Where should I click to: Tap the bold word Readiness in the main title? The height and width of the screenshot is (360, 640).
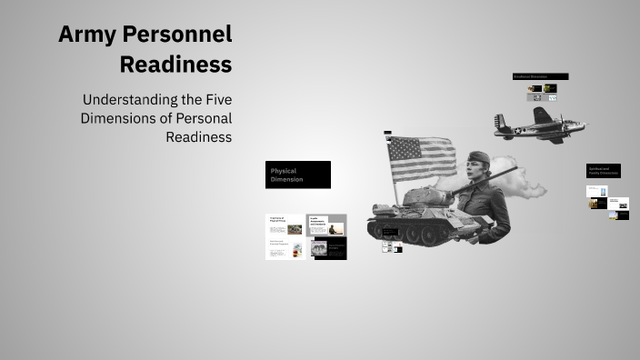(x=175, y=65)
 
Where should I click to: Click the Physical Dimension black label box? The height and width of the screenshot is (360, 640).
(x=297, y=175)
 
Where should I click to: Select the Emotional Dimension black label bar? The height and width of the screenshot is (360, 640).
(x=540, y=77)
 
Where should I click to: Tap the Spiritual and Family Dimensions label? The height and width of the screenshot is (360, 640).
(x=603, y=171)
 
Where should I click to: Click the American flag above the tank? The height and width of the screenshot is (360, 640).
(x=421, y=157)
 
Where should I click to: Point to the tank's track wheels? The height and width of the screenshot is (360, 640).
(x=415, y=235)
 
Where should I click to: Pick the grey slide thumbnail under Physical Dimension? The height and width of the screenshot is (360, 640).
(x=328, y=225)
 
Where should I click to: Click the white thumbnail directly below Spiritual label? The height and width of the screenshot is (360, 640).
(x=596, y=192)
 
